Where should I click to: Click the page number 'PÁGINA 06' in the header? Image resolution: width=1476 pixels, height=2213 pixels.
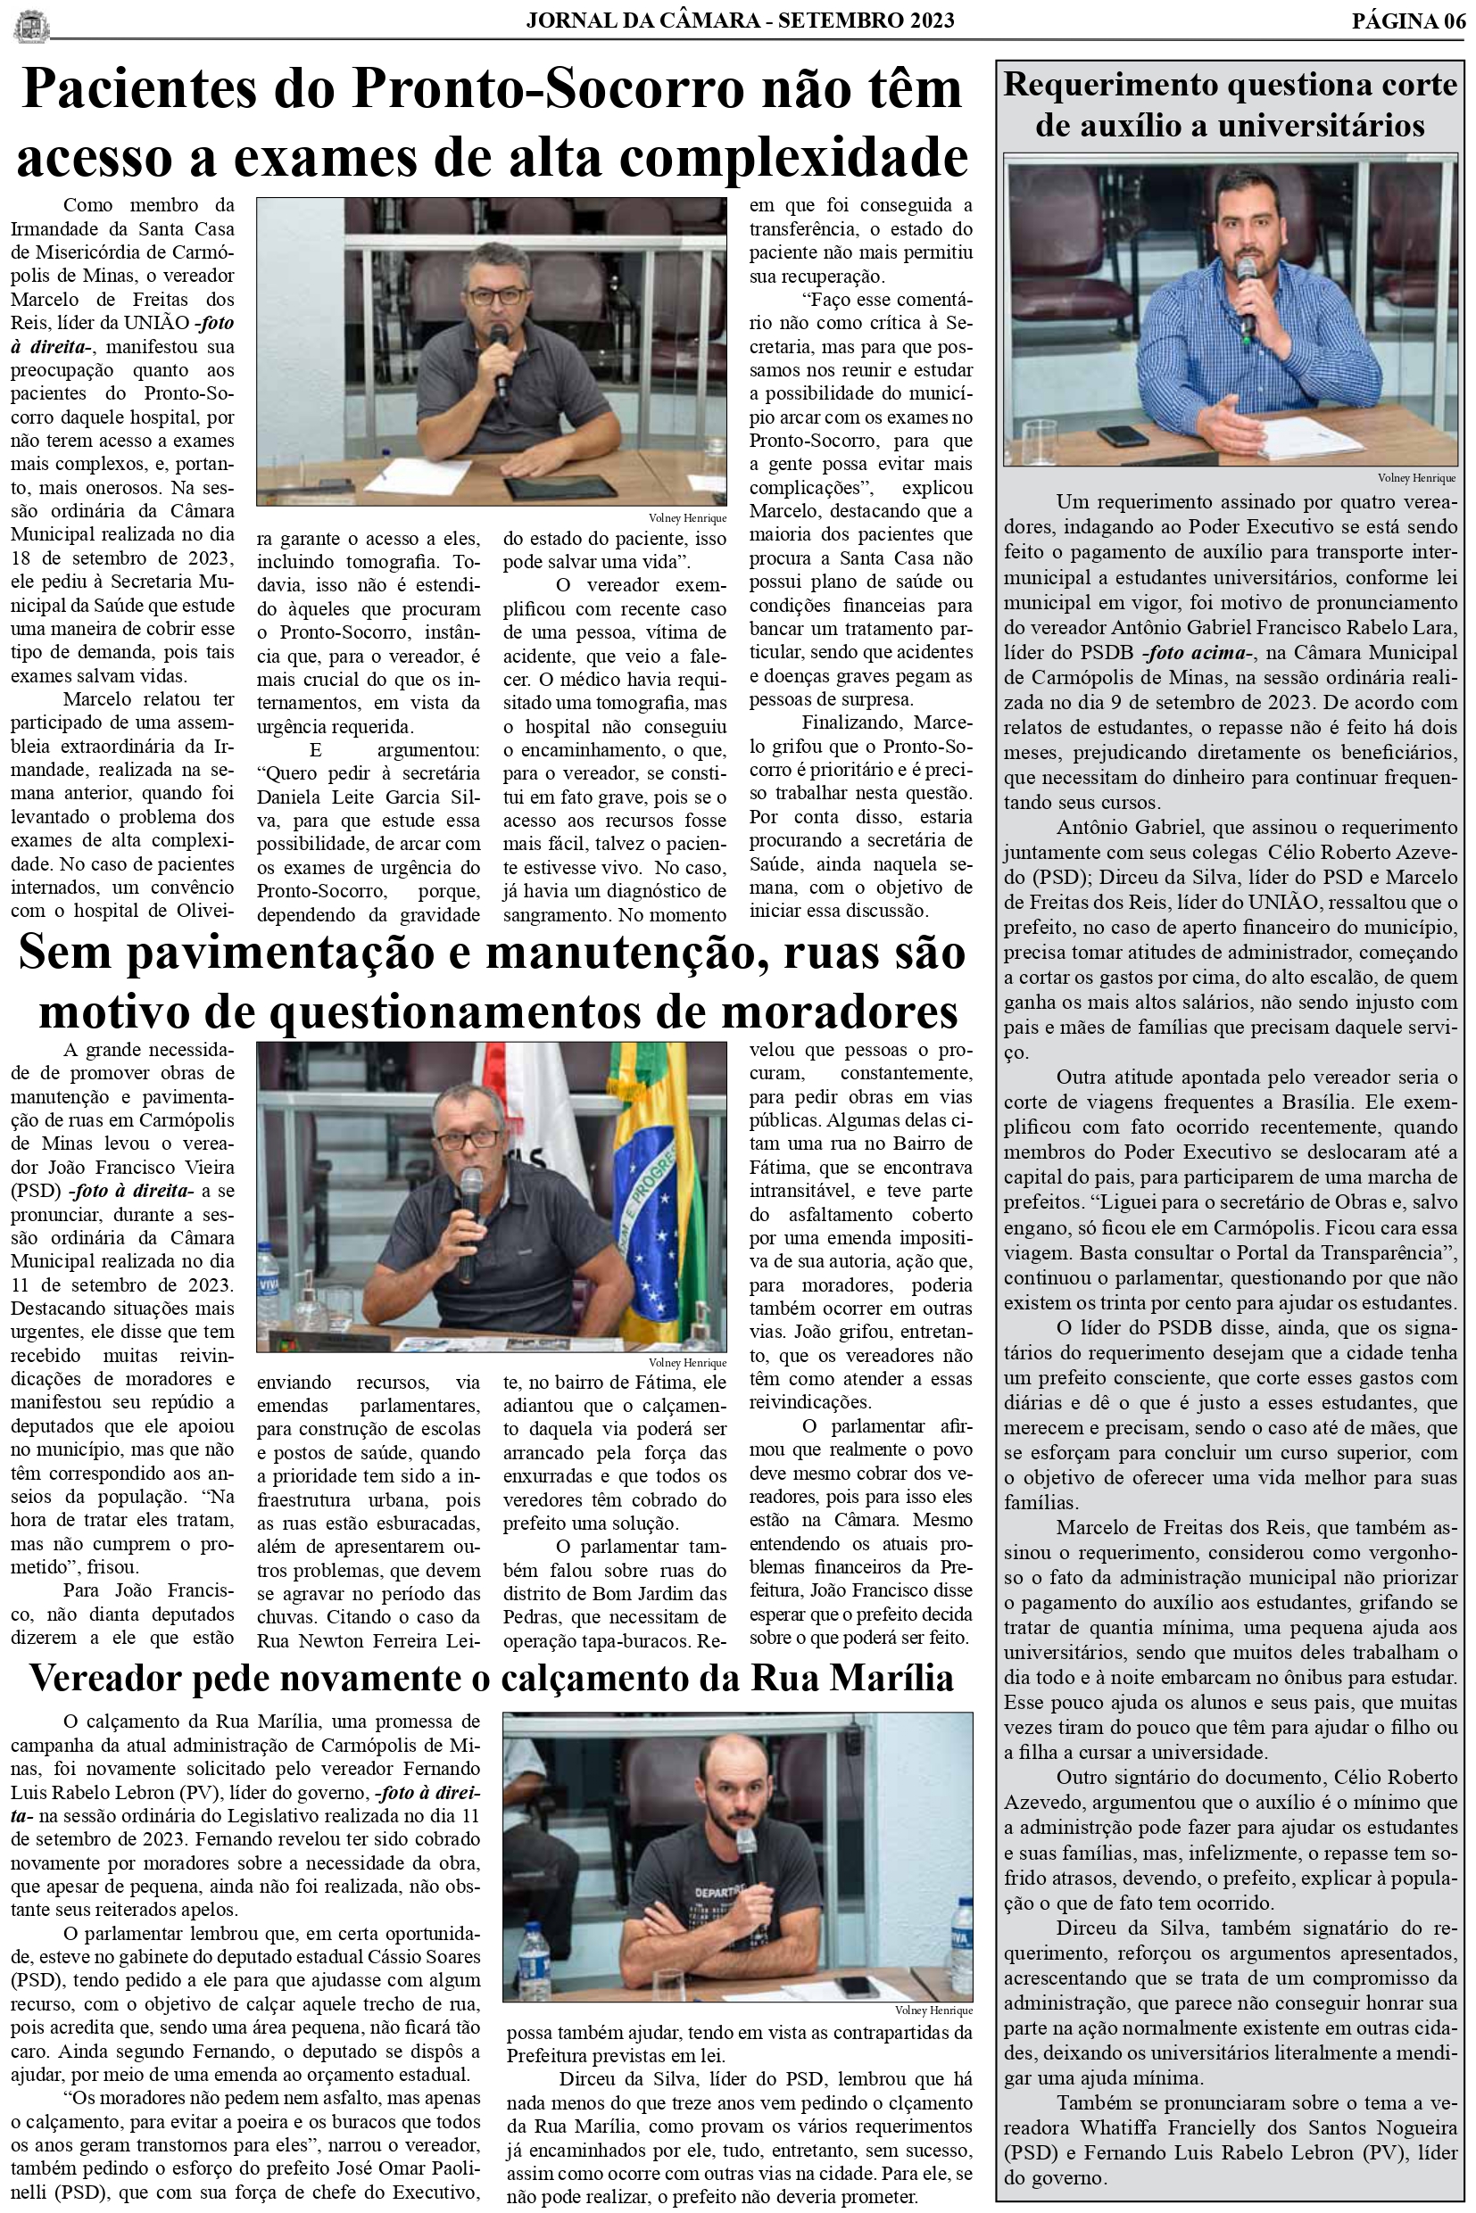click(x=1408, y=20)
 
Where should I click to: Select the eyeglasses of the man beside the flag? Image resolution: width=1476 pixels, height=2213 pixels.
click(x=467, y=1139)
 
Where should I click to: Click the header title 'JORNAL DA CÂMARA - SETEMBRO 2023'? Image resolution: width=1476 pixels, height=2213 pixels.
click(x=740, y=20)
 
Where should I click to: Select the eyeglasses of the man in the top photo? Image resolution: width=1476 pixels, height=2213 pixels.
click(x=496, y=295)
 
